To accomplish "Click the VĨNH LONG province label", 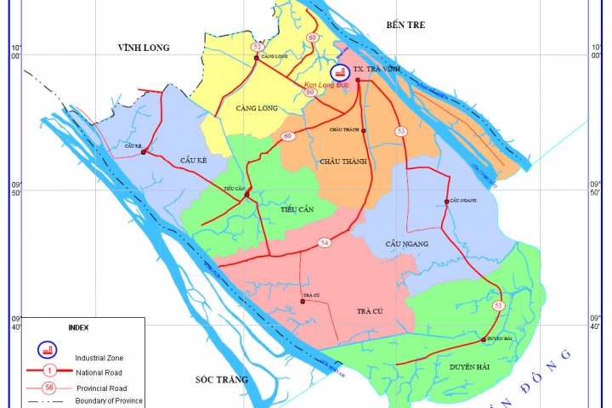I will click(145, 49).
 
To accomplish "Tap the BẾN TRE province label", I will click(404, 25).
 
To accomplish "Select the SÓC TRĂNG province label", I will click(219, 379).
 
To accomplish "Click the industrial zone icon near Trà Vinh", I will click(339, 71).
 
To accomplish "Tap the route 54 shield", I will click(324, 243).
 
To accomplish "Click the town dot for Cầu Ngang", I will click(446, 201).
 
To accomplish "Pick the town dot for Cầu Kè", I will click(144, 153).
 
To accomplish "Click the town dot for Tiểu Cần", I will click(246, 195).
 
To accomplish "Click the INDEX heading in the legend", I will click(78, 326).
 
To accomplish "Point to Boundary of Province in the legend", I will click(108, 400).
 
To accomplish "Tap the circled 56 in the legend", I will click(49, 387).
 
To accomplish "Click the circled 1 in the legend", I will click(49, 371).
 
